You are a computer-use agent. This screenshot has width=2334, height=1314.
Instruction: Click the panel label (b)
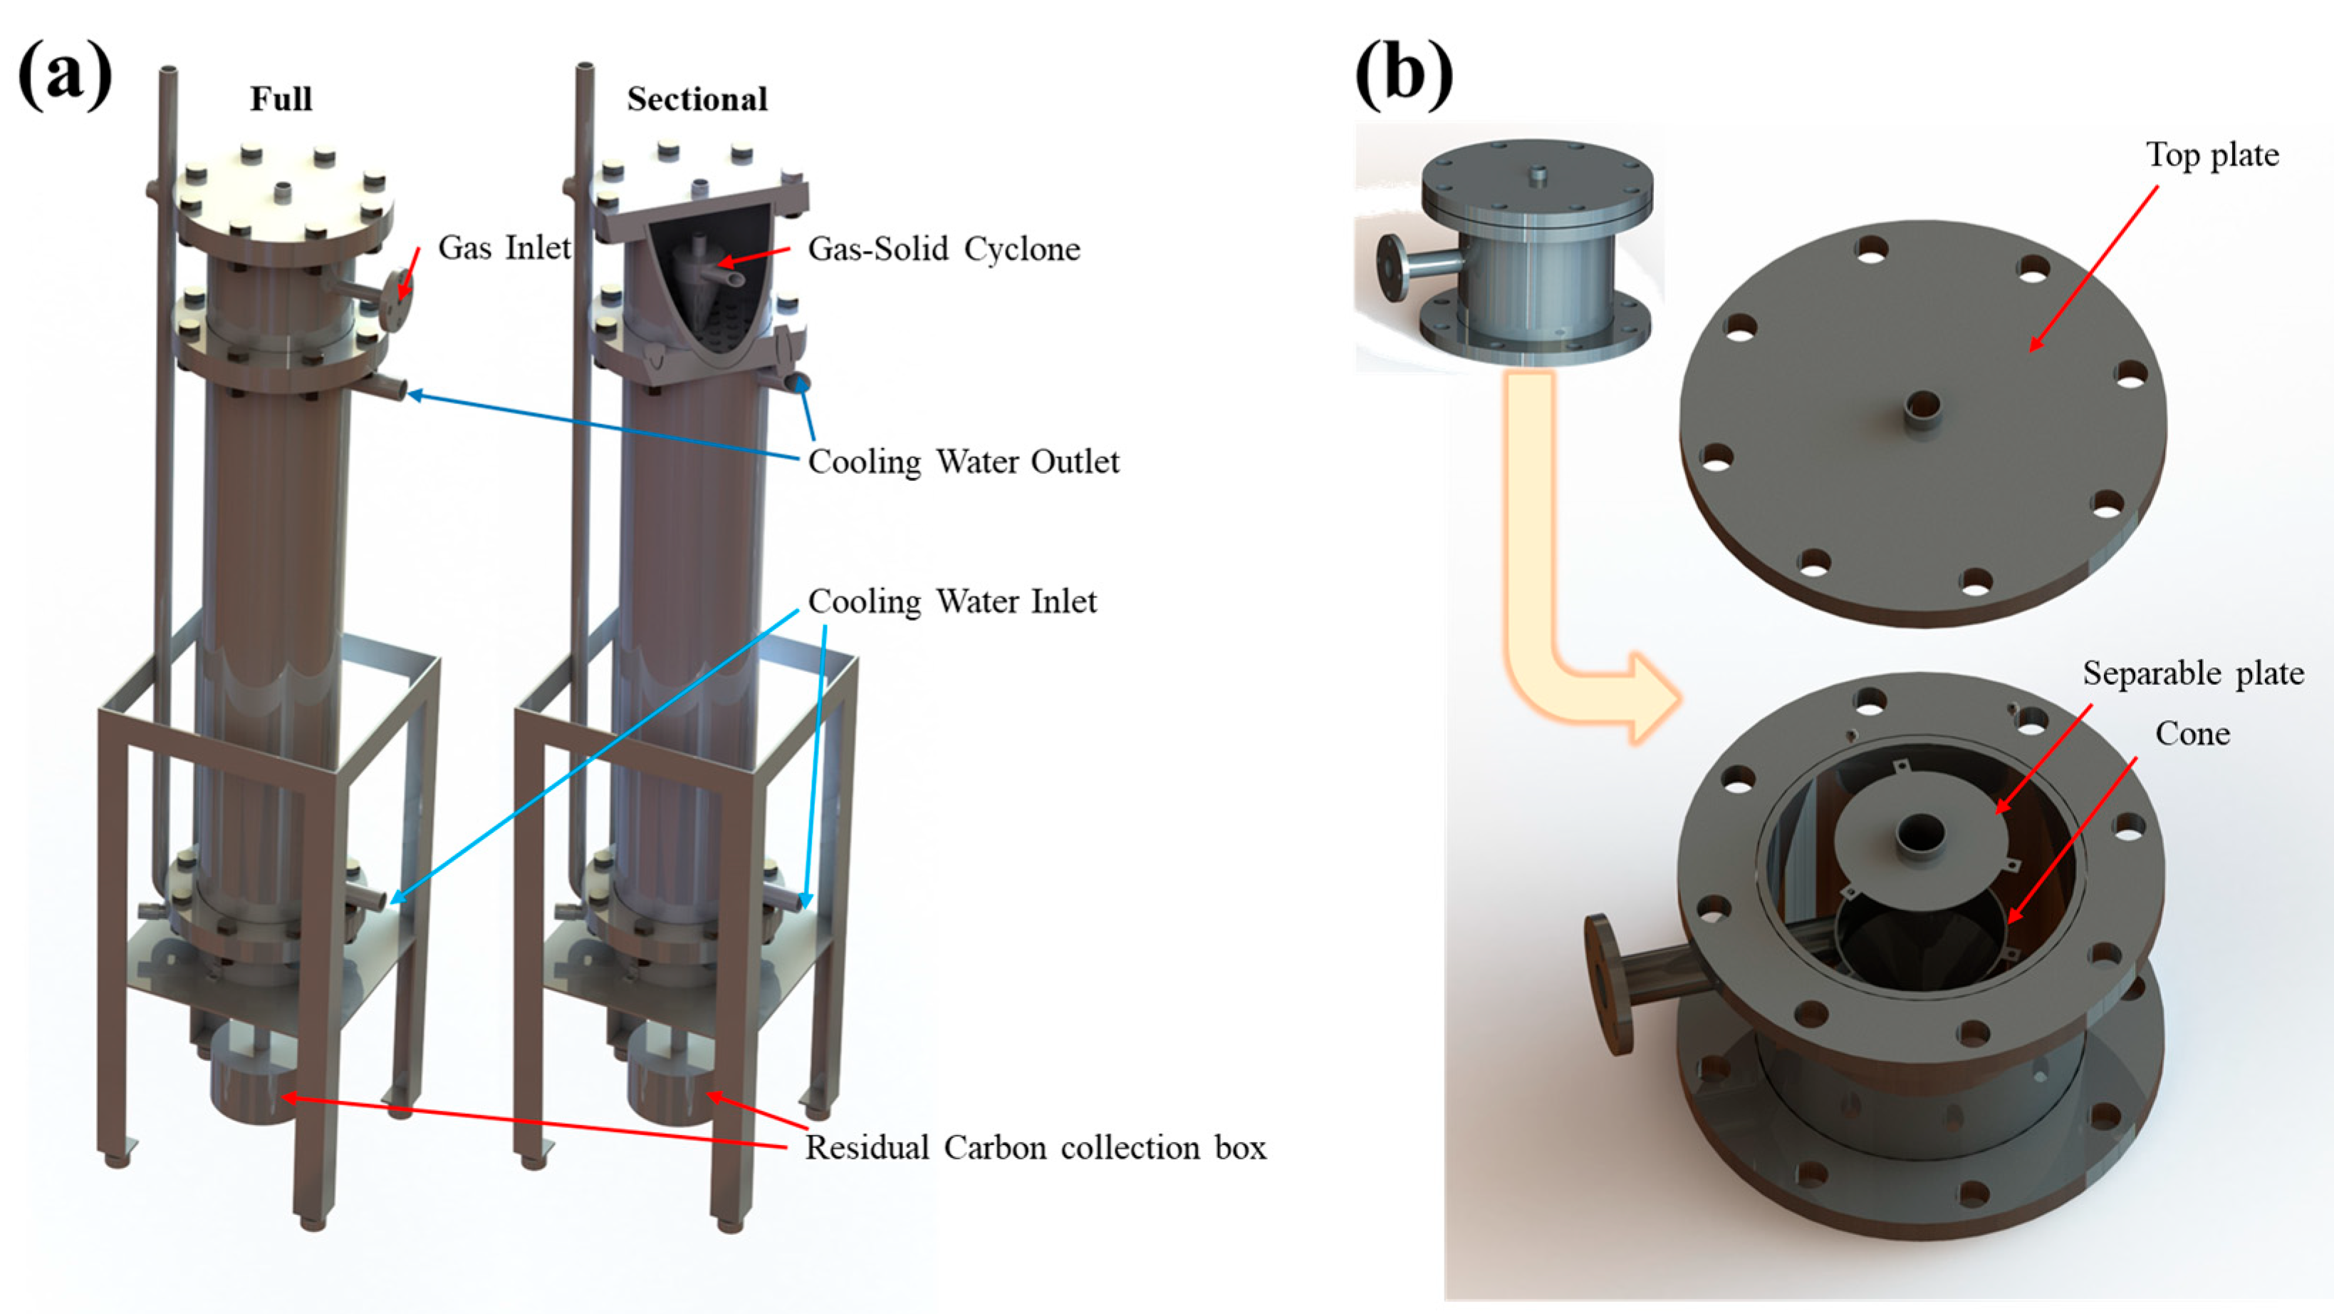[x=1404, y=77]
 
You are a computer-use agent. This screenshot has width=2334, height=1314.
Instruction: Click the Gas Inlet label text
[x=504, y=247]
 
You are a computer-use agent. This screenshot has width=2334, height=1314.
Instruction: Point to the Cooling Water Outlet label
[x=963, y=462]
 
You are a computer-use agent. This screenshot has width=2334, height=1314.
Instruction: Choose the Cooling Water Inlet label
[x=952, y=601]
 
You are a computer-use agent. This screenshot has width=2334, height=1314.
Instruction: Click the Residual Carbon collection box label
[x=1035, y=1148]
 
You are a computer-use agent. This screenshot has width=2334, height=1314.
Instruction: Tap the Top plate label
[x=2211, y=155]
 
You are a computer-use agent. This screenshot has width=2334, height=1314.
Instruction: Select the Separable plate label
[x=2193, y=673]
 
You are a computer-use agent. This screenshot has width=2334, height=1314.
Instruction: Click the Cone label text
[x=2192, y=734]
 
